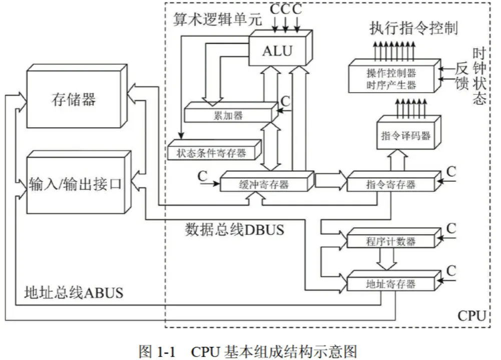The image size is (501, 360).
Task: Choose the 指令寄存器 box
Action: click(391, 184)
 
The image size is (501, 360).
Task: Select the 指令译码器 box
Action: click(405, 136)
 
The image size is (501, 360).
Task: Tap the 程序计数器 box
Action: click(391, 241)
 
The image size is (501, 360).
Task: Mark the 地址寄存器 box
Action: click(391, 284)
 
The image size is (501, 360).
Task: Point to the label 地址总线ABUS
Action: click(74, 292)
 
